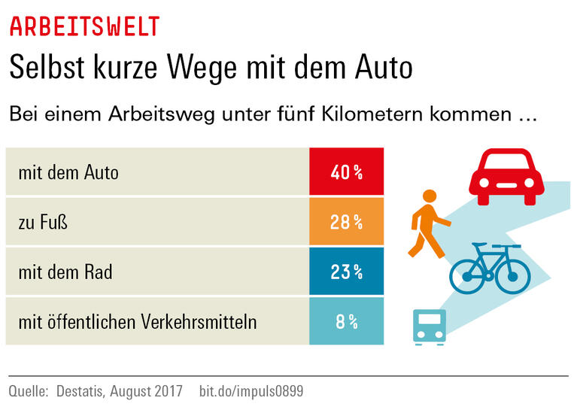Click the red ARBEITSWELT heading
84,26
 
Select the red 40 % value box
346,172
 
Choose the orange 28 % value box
346,222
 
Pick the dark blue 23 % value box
346,272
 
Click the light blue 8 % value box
346,321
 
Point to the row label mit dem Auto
68,172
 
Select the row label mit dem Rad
65,272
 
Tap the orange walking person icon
429,223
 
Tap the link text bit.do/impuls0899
251,392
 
